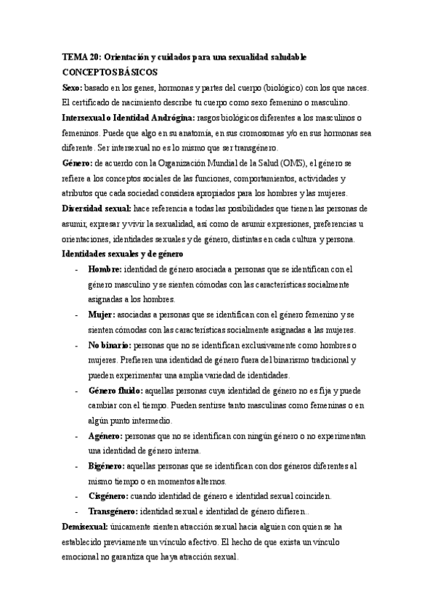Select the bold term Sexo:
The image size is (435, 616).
[74, 87]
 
